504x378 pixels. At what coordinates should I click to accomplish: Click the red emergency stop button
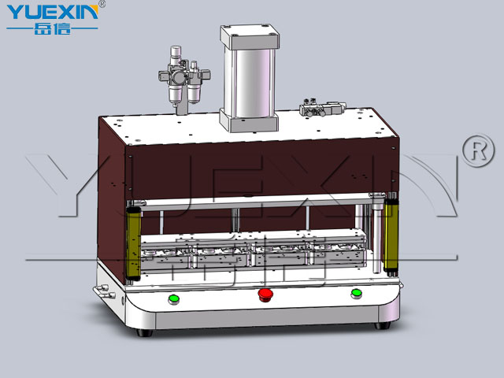pyautogui.click(x=265, y=295)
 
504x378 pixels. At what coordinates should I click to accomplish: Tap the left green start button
pyautogui.click(x=173, y=299)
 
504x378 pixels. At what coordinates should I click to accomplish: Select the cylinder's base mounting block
pyautogui.click(x=249, y=121)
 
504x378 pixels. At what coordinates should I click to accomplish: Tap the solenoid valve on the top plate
pyautogui.click(x=322, y=108)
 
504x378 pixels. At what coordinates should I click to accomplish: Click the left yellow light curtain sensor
pyautogui.click(x=134, y=243)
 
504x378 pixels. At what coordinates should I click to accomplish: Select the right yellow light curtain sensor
pyautogui.click(x=391, y=234)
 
